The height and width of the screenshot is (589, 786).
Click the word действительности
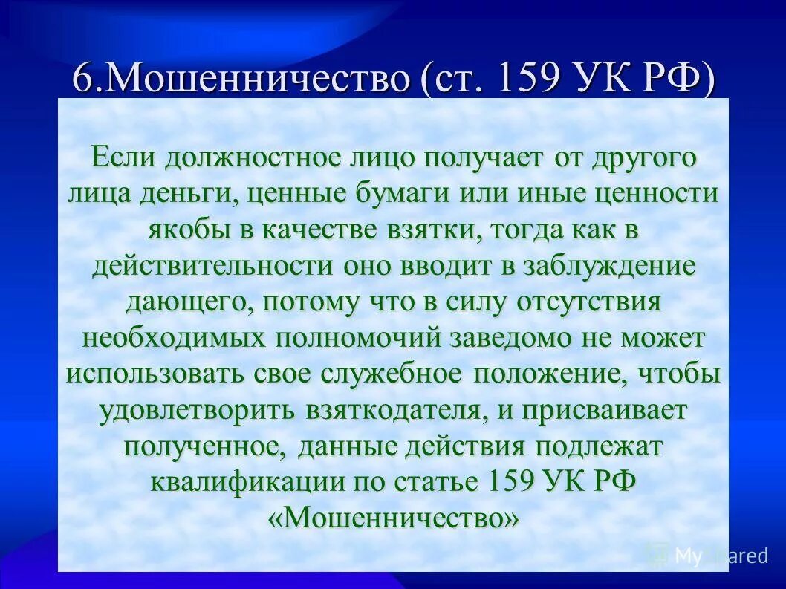[x=213, y=266]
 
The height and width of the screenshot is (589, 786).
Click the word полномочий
[x=358, y=338]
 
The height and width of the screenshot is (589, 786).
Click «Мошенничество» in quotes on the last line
[x=392, y=517]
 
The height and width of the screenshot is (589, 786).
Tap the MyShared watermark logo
[x=706, y=555]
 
